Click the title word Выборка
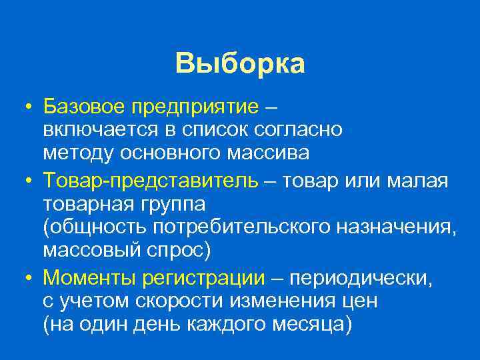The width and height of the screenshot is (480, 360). (240, 64)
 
